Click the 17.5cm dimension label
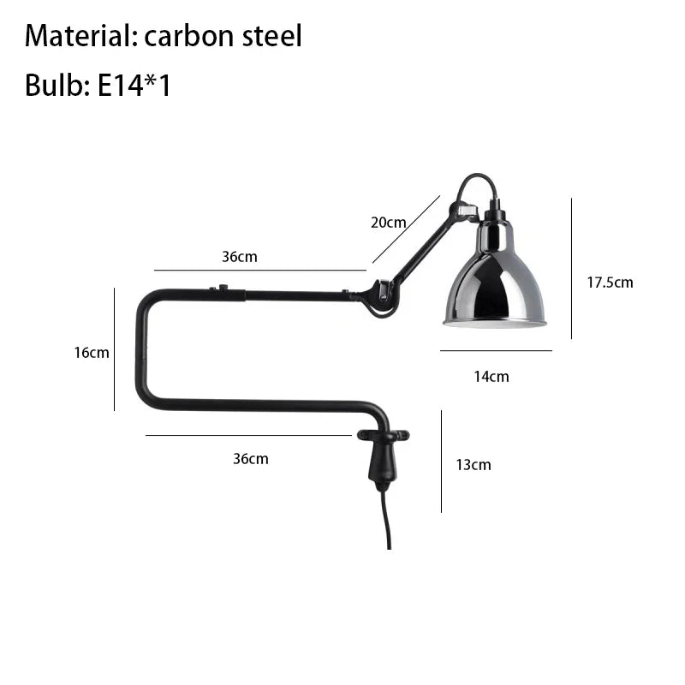click(610, 283)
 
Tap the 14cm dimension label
click(491, 377)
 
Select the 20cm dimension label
click(389, 223)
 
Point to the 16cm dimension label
click(92, 353)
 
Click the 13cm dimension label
click(474, 465)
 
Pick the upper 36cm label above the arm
click(240, 257)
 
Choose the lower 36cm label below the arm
click(251, 459)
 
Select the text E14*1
click(134, 85)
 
